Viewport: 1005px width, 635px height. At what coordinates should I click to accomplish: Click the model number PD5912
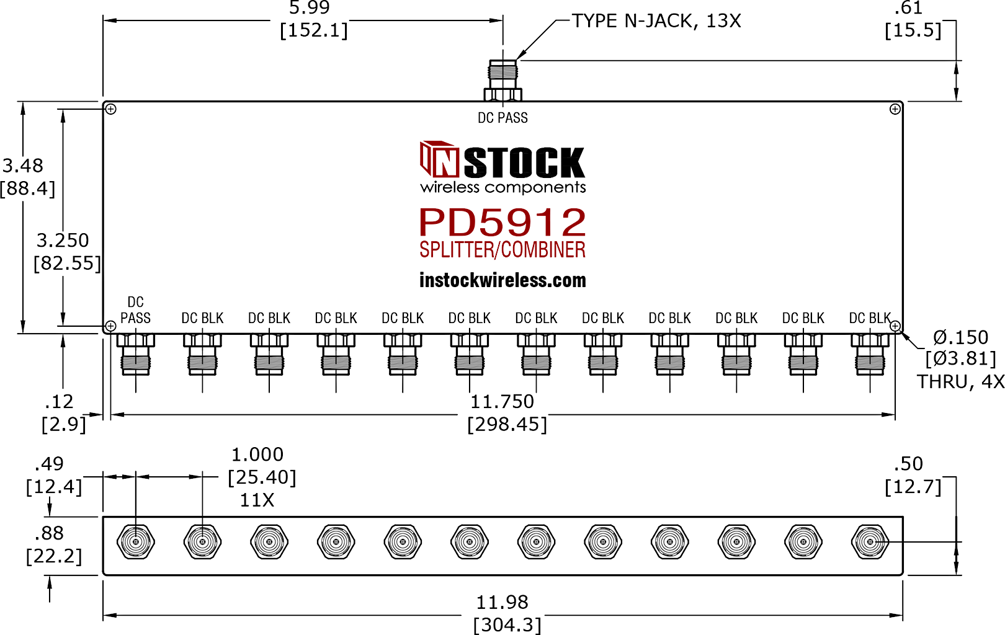click(502, 222)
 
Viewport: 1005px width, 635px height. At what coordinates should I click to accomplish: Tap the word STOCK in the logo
click(524, 162)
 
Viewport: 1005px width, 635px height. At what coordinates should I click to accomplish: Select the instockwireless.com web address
click(502, 281)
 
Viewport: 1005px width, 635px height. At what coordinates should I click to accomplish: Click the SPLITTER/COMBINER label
click(502, 250)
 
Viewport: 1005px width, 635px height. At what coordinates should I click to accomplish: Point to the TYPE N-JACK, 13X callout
click(656, 21)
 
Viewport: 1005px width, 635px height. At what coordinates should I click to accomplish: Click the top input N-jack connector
click(502, 80)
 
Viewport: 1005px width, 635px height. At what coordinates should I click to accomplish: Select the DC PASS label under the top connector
click(502, 118)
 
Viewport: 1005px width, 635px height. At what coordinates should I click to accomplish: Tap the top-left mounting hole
click(110, 109)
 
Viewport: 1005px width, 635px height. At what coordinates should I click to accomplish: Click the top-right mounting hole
click(895, 109)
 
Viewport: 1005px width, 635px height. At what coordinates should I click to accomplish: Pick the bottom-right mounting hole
click(895, 326)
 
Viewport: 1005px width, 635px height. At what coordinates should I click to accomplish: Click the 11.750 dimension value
click(502, 402)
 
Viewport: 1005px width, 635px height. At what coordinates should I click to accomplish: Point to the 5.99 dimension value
click(310, 7)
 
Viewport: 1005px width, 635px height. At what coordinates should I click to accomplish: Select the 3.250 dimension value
click(63, 241)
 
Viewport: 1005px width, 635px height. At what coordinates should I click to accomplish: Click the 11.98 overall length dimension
click(502, 602)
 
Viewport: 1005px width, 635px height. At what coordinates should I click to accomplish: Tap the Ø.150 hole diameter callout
click(960, 337)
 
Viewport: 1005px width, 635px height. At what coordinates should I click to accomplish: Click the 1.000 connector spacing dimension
click(257, 455)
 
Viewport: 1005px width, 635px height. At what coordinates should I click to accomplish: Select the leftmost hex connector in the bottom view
click(135, 542)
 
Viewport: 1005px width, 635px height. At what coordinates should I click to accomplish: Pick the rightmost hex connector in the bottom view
click(870, 542)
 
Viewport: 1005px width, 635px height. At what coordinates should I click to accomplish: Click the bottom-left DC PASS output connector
click(135, 354)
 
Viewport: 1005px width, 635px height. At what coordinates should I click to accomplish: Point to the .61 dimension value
click(909, 7)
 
